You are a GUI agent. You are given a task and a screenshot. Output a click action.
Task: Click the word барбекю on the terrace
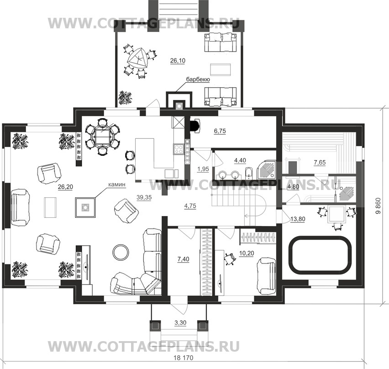(198, 79)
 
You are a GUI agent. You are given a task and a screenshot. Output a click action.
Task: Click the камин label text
(116, 184)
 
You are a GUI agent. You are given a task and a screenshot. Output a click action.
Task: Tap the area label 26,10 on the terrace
(178, 61)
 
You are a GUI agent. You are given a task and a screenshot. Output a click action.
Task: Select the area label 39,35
(144, 197)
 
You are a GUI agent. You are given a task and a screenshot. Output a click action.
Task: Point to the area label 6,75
(220, 131)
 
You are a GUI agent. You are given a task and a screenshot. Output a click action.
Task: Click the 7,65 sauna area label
(320, 163)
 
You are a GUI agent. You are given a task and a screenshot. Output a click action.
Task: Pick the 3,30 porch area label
(180, 323)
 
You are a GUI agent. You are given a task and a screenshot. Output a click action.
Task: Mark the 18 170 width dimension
(183, 358)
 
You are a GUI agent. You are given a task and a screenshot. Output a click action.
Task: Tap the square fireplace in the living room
(85, 207)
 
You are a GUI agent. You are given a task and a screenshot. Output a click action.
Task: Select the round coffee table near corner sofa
(121, 252)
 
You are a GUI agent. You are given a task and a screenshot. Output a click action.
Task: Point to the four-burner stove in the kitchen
(178, 149)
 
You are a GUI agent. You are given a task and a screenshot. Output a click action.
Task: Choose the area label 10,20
(247, 253)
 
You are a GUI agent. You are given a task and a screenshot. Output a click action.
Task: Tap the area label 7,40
(183, 259)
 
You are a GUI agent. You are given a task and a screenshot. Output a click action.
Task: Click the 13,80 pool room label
(297, 219)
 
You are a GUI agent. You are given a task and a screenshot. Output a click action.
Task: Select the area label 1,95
(203, 169)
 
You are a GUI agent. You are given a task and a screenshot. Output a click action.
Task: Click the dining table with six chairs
(102, 137)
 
